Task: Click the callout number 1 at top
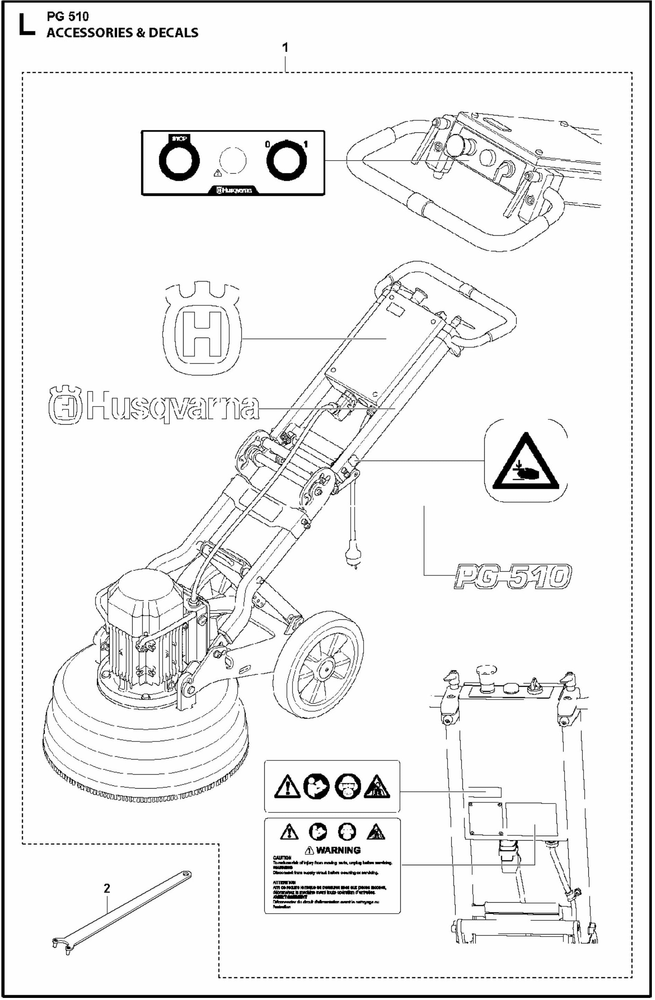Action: pos(285,48)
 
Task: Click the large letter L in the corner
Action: pos(26,25)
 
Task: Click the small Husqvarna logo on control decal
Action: pos(234,190)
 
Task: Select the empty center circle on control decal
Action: pos(232,160)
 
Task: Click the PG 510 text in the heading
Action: pos(67,17)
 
